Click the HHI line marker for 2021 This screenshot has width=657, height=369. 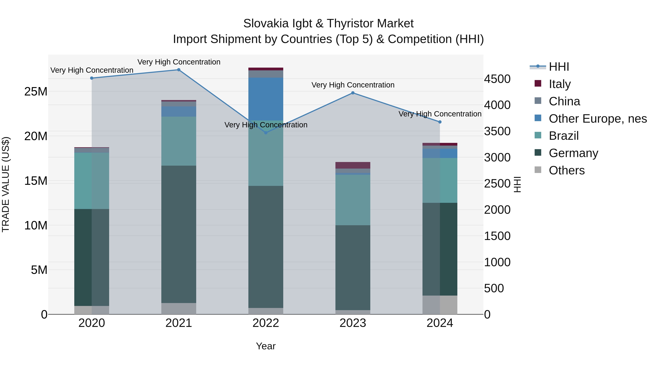pos(179,70)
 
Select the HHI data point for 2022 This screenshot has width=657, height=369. pos(266,133)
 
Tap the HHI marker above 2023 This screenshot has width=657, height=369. pos(353,93)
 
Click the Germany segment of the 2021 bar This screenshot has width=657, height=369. pos(179,234)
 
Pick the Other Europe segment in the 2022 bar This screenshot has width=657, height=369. pos(266,99)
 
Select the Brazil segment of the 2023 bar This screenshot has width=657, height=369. pos(353,200)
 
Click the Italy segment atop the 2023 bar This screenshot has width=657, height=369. pos(353,165)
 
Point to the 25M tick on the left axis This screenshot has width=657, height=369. pos(36,91)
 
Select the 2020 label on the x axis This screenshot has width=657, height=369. pos(92,323)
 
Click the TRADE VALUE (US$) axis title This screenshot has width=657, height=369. pos(6,184)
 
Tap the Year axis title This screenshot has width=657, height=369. pos(266,346)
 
